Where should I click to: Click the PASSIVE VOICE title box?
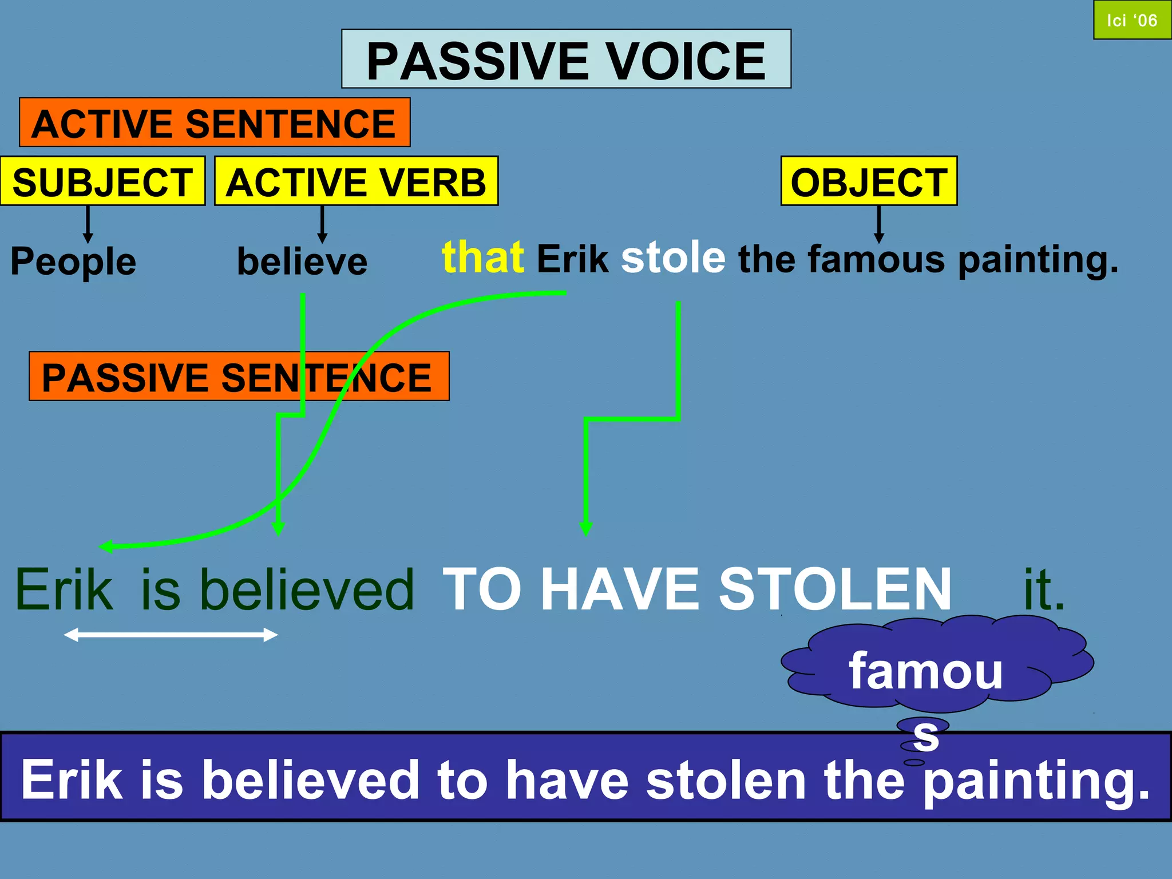tap(566, 59)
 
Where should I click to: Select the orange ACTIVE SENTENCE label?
tap(215, 122)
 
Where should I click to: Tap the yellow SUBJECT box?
tap(102, 181)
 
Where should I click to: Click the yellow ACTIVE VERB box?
tap(356, 181)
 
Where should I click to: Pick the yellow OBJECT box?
tap(869, 181)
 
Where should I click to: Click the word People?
tap(73, 262)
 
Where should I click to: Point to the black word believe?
tap(302, 262)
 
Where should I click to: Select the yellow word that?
tap(483, 258)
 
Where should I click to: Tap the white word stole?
tap(673, 258)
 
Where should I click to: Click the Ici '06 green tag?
tap(1132, 20)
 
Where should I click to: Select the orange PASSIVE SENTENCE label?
tap(239, 377)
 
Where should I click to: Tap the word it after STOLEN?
tap(1044, 589)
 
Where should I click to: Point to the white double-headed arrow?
tap(171, 635)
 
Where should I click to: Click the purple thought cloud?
tap(939, 664)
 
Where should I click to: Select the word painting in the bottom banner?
tap(1036, 781)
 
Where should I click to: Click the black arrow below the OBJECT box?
tap(879, 224)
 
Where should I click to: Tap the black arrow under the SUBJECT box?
tap(88, 224)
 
